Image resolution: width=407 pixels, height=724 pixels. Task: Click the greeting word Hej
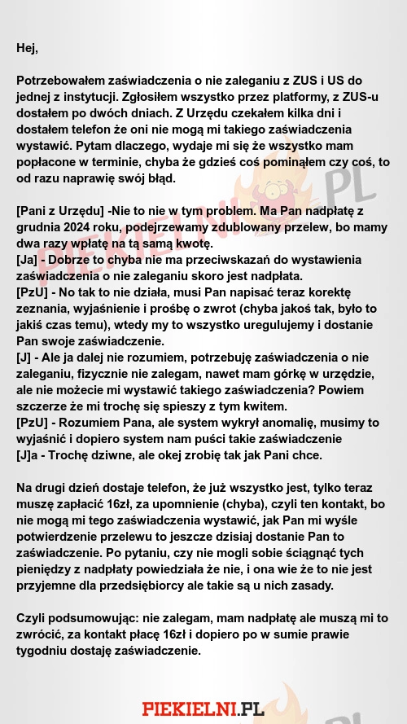[x=26, y=48]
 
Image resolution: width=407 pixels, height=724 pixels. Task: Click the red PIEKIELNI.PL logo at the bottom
[x=203, y=709]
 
